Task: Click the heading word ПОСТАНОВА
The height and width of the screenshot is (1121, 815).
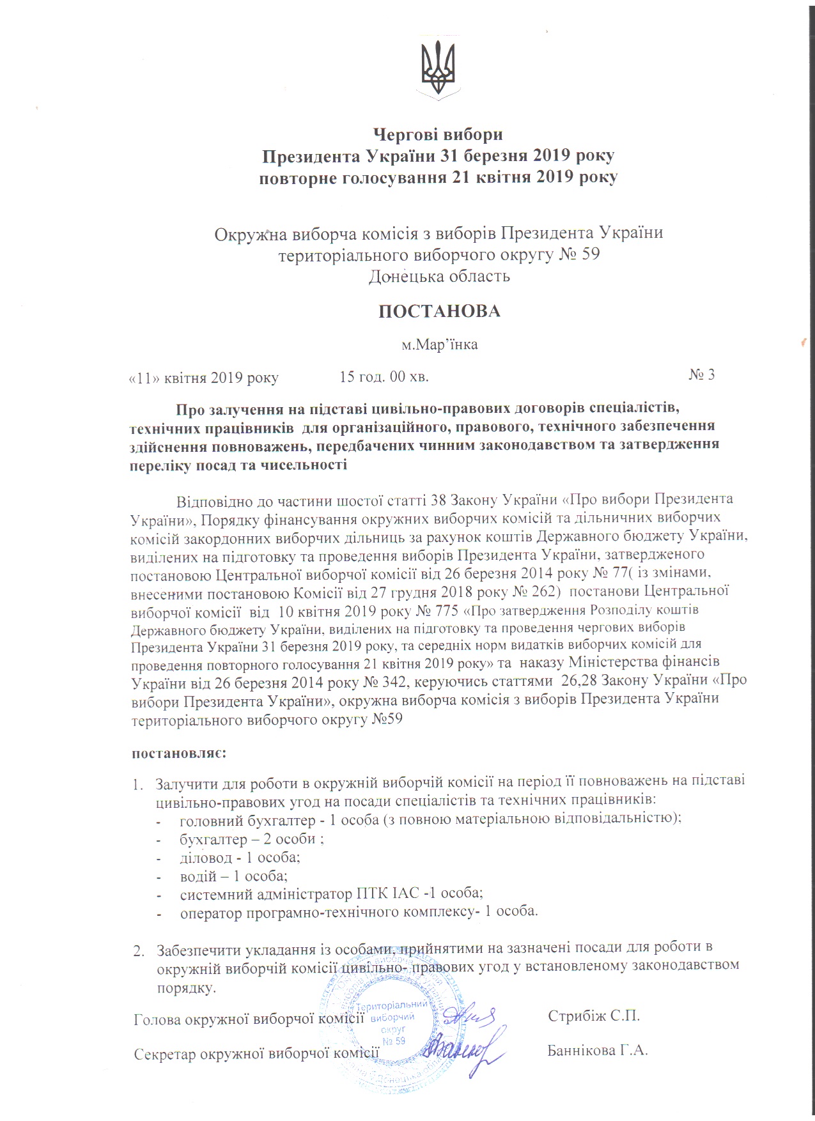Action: pos(439,311)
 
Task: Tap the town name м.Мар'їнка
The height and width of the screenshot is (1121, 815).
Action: pos(439,344)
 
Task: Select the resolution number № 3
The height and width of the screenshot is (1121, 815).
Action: pos(701,375)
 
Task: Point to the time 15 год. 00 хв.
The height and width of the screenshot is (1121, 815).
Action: pos(384,376)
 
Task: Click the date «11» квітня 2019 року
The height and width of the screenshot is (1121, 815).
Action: pos(204,378)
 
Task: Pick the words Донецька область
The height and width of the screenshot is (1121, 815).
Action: pos(439,276)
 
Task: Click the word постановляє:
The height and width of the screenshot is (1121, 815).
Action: pos(179,753)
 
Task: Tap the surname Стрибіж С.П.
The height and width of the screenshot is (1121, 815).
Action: pos(594,1016)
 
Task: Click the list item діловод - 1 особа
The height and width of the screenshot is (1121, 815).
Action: pos(240,858)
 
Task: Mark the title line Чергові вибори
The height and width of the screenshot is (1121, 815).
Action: pos(438,135)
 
